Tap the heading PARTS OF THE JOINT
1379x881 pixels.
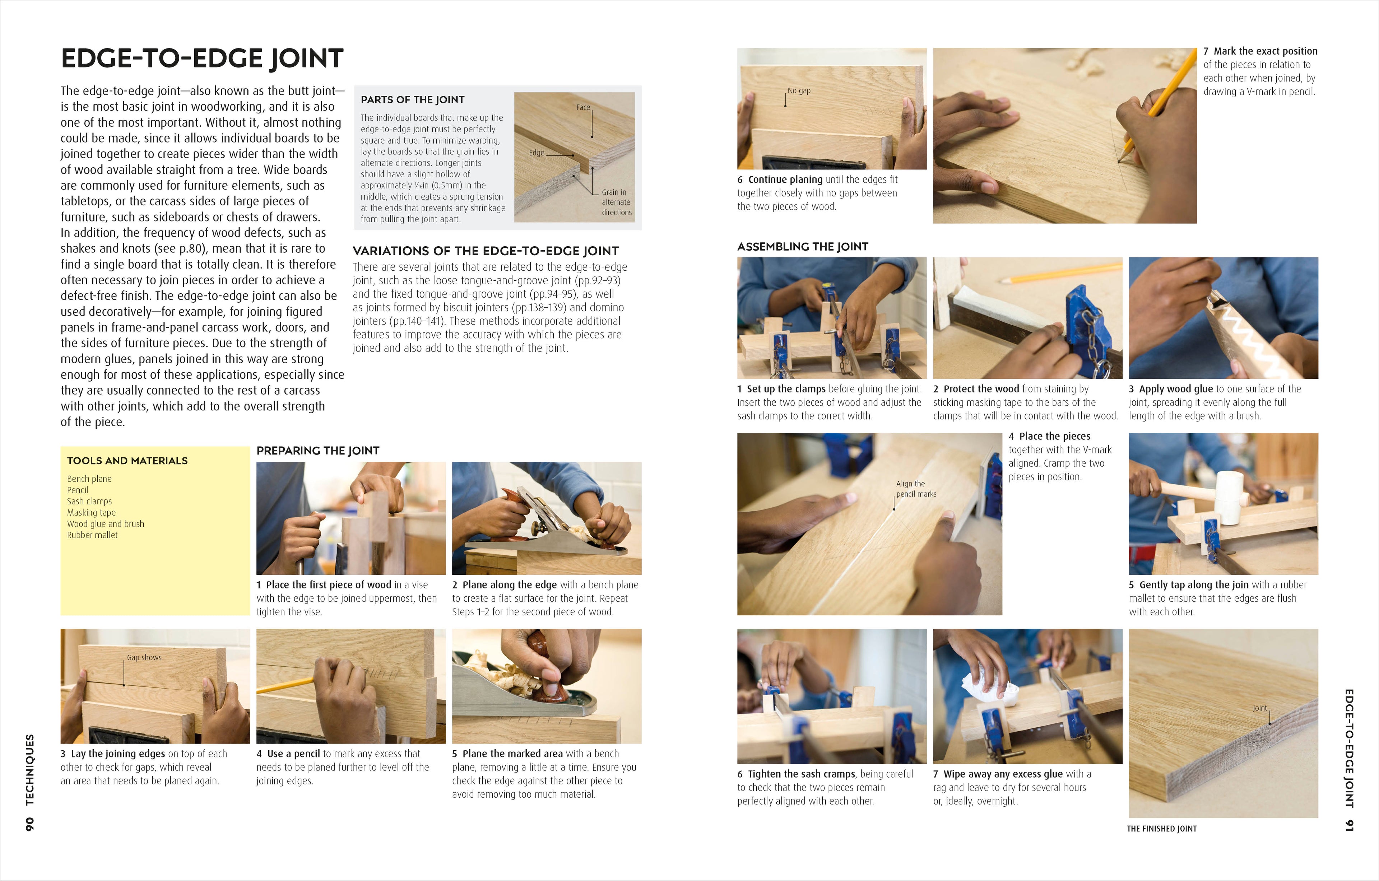click(x=412, y=99)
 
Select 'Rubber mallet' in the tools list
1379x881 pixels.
click(x=92, y=535)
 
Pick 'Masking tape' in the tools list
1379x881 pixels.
click(x=91, y=512)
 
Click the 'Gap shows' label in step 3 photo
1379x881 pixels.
click(x=144, y=658)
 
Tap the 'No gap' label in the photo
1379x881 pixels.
click(x=799, y=90)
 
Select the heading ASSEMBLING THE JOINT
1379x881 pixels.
click(x=802, y=247)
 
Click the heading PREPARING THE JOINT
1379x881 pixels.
click(x=318, y=451)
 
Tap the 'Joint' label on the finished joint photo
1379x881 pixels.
click(x=1260, y=708)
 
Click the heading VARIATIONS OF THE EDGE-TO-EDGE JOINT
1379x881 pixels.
click(x=486, y=251)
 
